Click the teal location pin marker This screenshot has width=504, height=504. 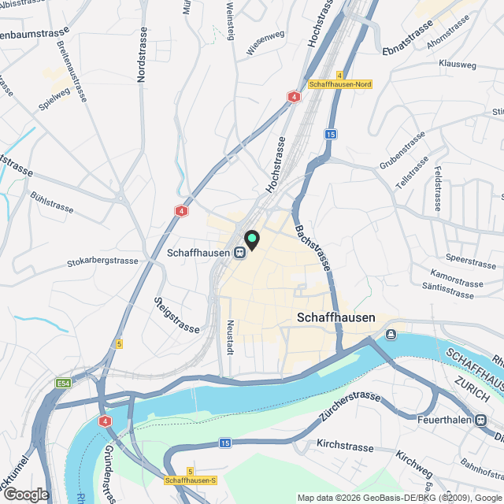coord(252,239)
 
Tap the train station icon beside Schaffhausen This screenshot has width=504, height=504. coord(238,253)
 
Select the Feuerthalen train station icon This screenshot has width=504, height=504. coord(480,421)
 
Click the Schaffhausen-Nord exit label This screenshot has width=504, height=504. coord(340,84)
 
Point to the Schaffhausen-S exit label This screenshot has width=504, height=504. coord(191,480)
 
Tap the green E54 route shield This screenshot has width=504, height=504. coord(64,384)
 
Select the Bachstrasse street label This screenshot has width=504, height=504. coord(312,243)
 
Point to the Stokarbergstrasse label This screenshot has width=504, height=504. coord(102,261)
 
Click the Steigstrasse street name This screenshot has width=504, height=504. coord(177,314)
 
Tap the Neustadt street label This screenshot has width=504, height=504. coord(230,337)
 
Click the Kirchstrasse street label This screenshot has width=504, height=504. coord(345,446)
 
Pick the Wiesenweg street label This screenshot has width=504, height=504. coord(265,43)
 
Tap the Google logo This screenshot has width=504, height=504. coord(26,494)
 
